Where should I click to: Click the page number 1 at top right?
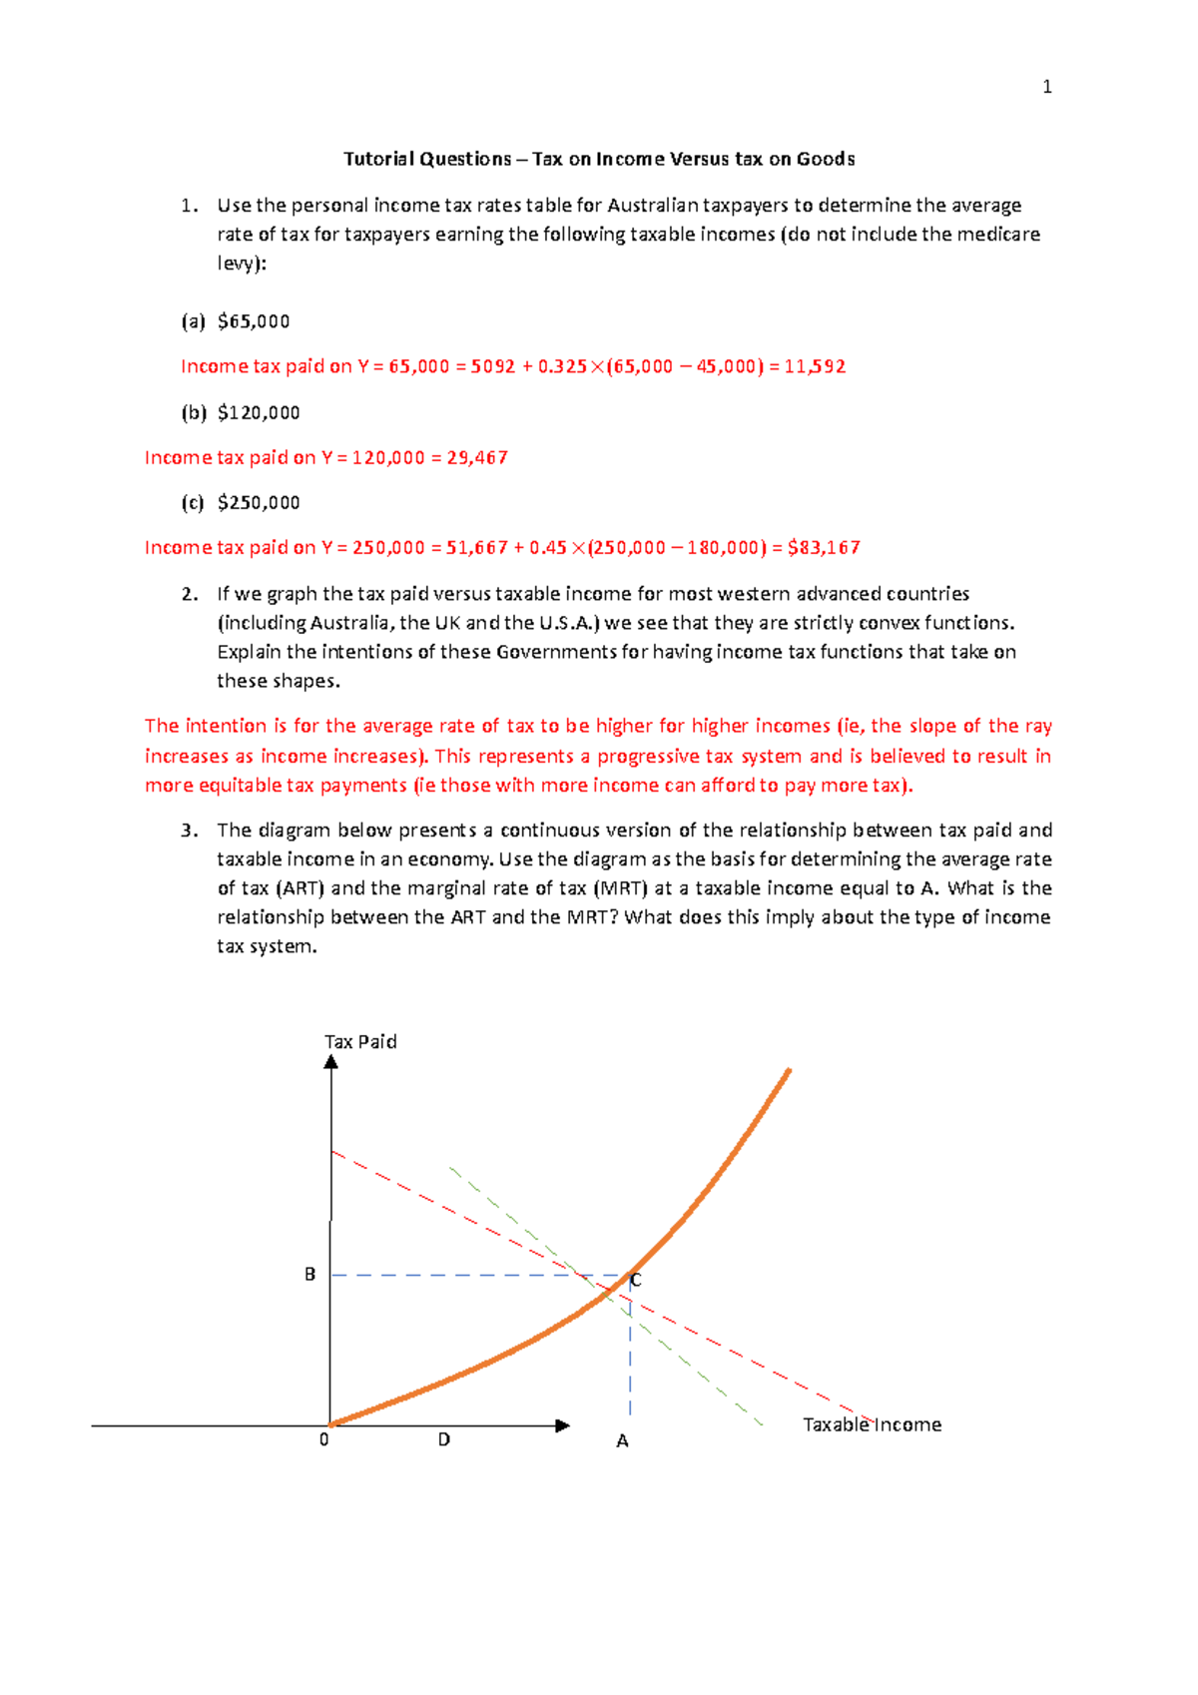pyautogui.click(x=1046, y=87)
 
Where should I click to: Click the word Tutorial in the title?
pyautogui.click(x=377, y=159)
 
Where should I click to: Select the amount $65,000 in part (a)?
pyautogui.click(x=254, y=321)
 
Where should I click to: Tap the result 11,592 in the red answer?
pyautogui.click(x=815, y=366)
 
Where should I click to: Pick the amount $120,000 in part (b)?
pyautogui.click(x=259, y=412)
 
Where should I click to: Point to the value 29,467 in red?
pyautogui.click(x=477, y=457)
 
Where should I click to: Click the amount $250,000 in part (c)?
pyautogui.click(x=259, y=502)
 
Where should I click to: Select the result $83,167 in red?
pyautogui.click(x=824, y=547)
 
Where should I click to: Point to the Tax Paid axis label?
pyautogui.click(x=360, y=1041)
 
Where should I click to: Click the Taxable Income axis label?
pyautogui.click(x=872, y=1424)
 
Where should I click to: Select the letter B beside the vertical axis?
pyautogui.click(x=309, y=1275)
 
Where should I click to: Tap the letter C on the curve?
pyautogui.click(x=636, y=1280)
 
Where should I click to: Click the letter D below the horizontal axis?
pyautogui.click(x=444, y=1439)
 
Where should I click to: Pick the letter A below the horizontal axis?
pyautogui.click(x=622, y=1441)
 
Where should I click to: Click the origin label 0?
pyautogui.click(x=323, y=1439)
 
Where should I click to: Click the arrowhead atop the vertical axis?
pyautogui.click(x=331, y=1062)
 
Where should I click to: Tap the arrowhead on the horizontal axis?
pyautogui.click(x=562, y=1425)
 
